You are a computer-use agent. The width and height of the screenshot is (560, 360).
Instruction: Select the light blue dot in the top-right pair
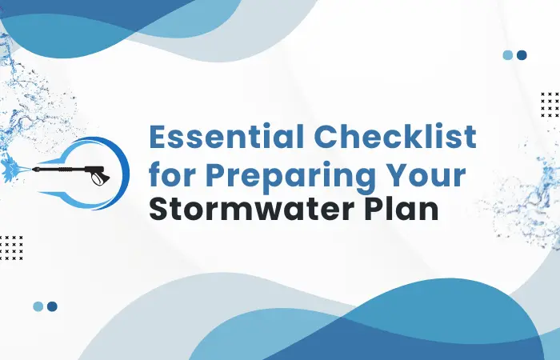tap(507, 55)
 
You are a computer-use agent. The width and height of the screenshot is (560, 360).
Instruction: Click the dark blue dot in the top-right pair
tap(522, 55)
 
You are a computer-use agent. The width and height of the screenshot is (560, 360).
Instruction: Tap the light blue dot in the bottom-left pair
tap(38, 306)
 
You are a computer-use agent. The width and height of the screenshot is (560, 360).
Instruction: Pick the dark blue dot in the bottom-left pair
tap(52, 306)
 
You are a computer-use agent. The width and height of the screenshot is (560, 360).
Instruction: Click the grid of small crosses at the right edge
tap(550, 105)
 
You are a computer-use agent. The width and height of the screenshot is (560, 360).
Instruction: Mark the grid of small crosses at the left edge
tap(11, 247)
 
